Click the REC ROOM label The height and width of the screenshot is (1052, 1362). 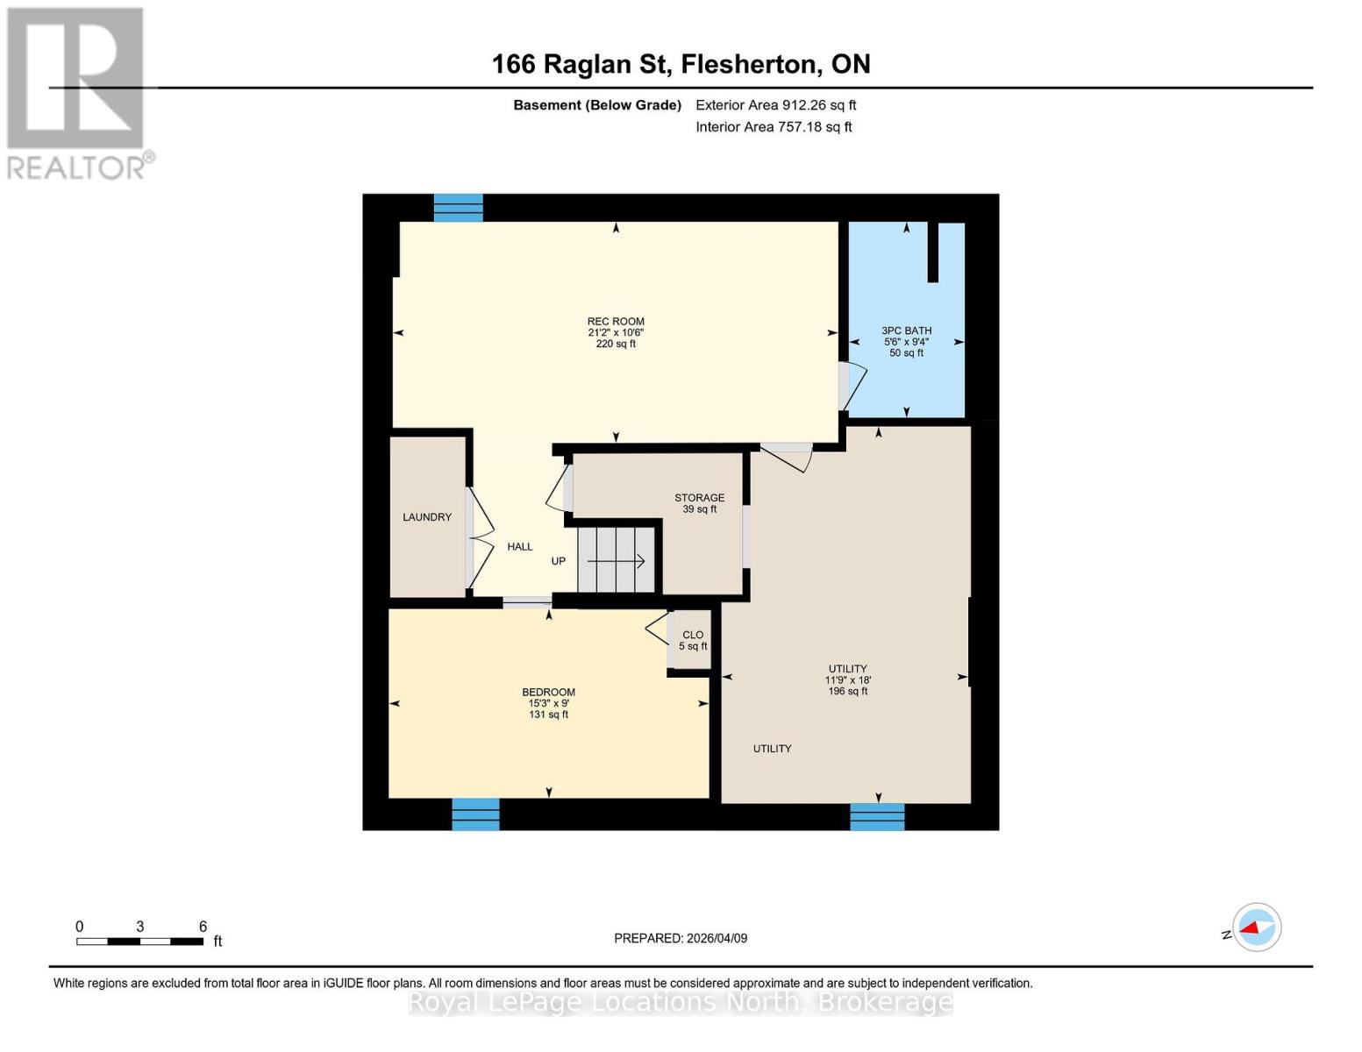click(x=616, y=322)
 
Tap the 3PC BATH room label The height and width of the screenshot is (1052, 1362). click(x=906, y=331)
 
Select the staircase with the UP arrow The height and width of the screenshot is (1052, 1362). click(x=617, y=560)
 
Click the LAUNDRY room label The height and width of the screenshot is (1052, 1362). click(x=427, y=517)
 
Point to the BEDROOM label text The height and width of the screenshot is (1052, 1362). click(x=548, y=693)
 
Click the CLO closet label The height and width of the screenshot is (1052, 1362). click(x=693, y=635)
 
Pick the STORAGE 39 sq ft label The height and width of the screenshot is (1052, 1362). click(x=699, y=503)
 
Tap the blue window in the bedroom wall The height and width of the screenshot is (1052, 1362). click(x=475, y=814)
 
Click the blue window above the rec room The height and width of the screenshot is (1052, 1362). click(x=459, y=208)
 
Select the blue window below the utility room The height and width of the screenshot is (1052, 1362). click(x=877, y=817)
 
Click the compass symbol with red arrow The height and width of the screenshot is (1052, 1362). click(x=1256, y=928)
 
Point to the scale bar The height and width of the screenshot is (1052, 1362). click(x=140, y=942)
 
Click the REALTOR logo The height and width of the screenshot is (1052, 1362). click(x=77, y=93)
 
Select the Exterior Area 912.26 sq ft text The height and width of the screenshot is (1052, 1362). click(x=775, y=105)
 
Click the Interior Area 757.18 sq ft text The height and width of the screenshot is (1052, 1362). click(x=774, y=127)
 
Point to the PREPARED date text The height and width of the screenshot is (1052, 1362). click(x=681, y=938)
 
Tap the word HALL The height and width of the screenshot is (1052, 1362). click(x=520, y=547)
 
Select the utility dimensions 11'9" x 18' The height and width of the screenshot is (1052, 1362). click(x=848, y=680)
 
